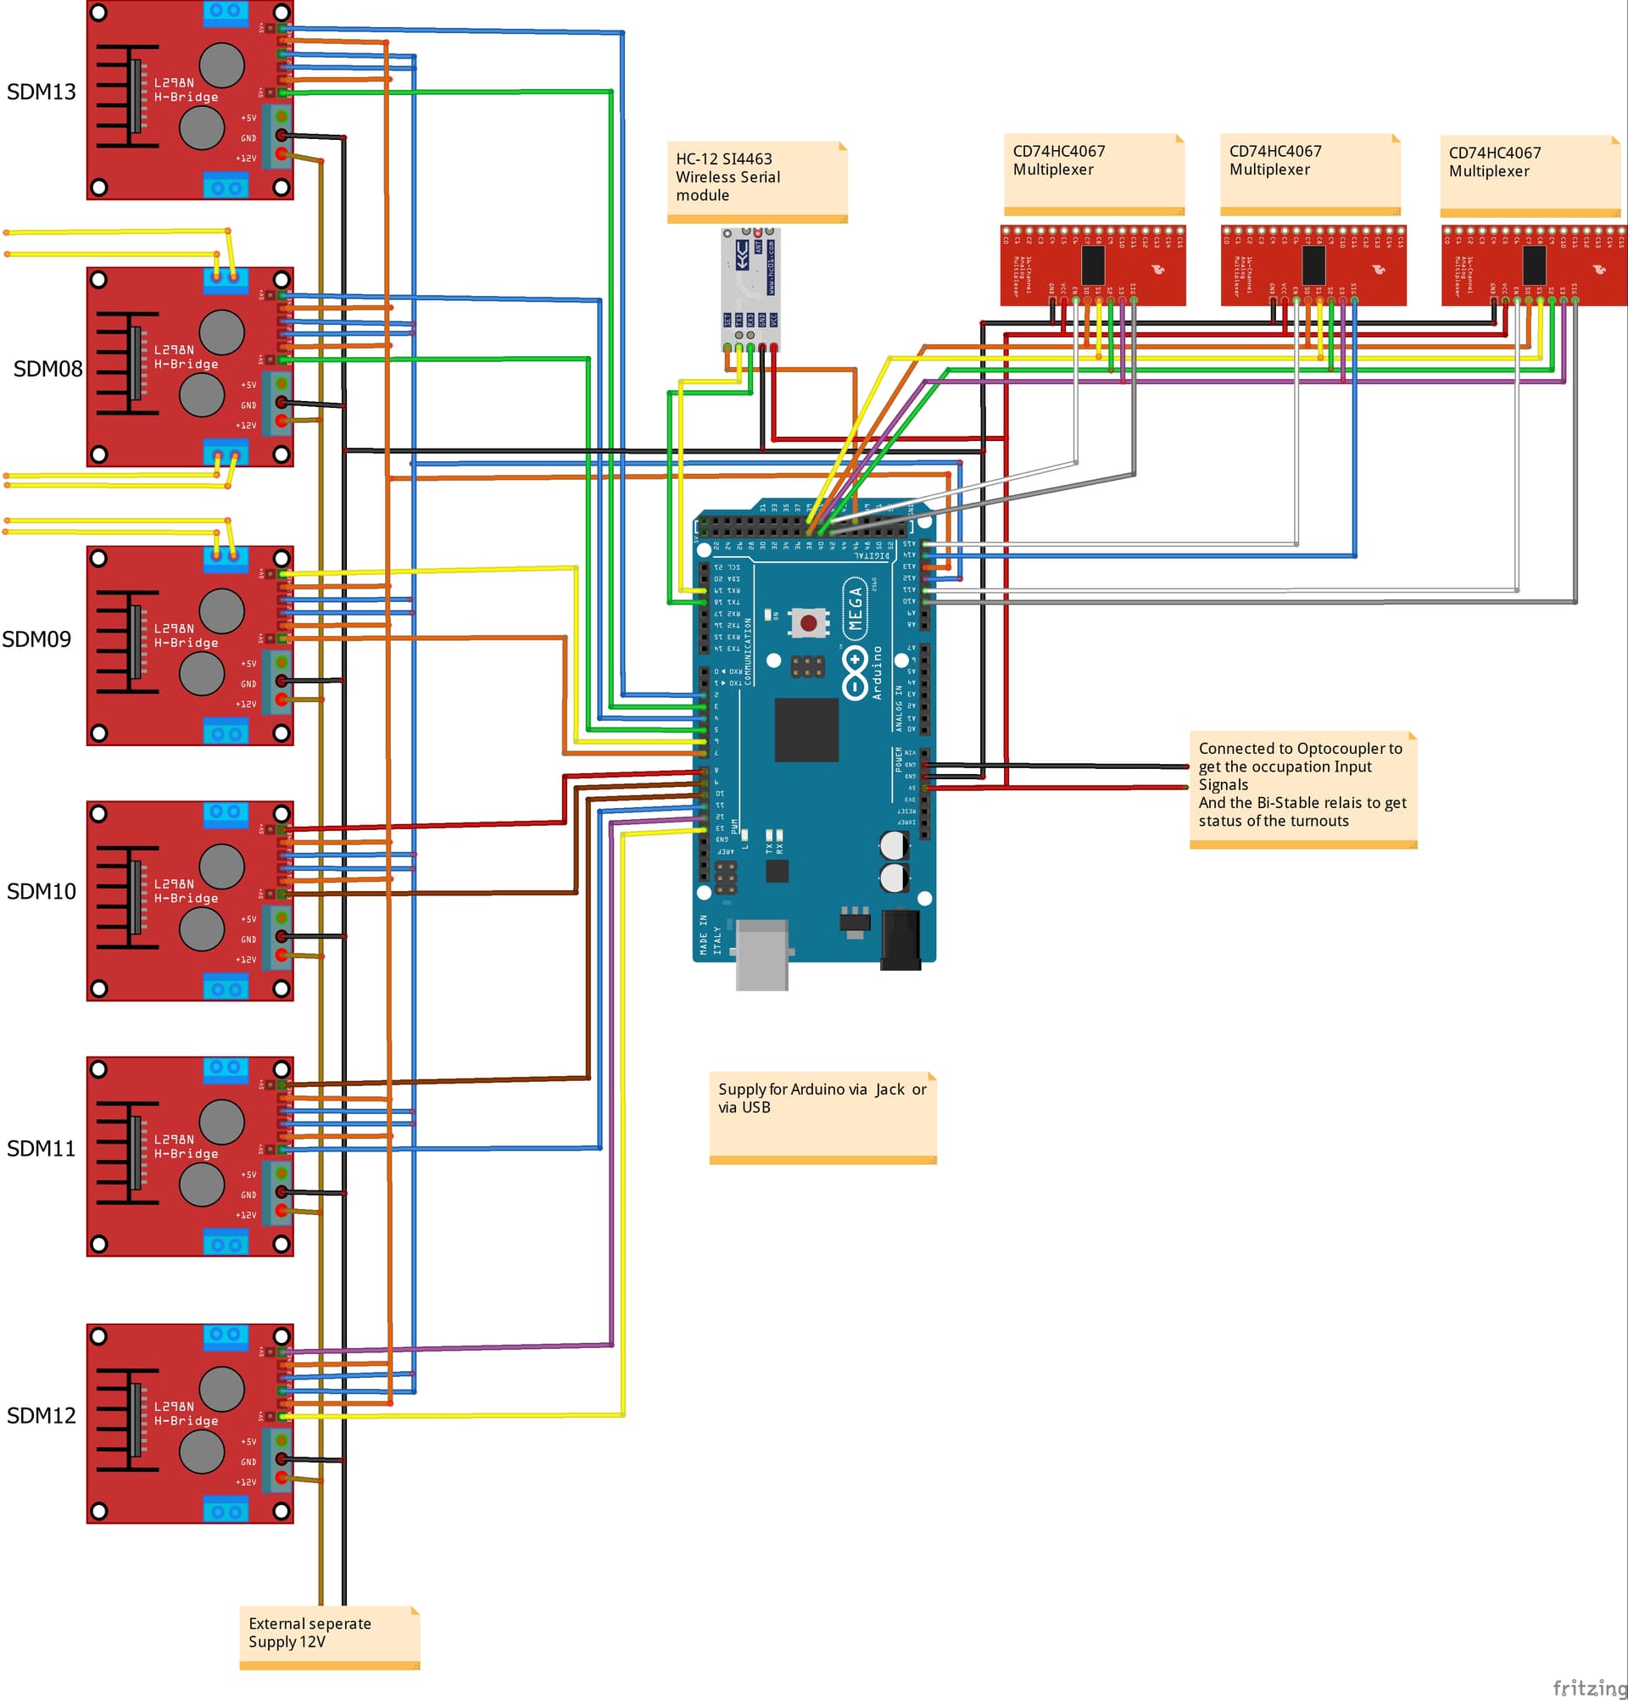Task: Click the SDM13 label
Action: click(x=41, y=92)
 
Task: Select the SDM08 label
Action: click(x=47, y=369)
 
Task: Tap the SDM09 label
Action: click(x=36, y=639)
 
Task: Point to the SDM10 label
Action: click(x=41, y=892)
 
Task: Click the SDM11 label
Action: click(x=41, y=1148)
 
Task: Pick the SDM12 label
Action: click(x=41, y=1415)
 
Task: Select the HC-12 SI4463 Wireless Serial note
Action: click(x=756, y=181)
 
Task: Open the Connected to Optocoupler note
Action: click(x=1302, y=789)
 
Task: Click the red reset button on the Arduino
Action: click(x=808, y=622)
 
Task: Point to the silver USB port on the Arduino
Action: click(x=761, y=954)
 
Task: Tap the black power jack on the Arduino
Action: click(x=900, y=939)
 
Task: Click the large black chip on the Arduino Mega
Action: click(x=806, y=729)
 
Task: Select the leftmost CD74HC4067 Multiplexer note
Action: click(x=1094, y=173)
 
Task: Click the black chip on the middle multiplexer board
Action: click(x=1313, y=265)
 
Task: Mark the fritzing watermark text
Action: click(x=1589, y=1687)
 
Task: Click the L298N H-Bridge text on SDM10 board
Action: click(x=186, y=891)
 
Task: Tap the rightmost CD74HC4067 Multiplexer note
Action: click(x=1530, y=175)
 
